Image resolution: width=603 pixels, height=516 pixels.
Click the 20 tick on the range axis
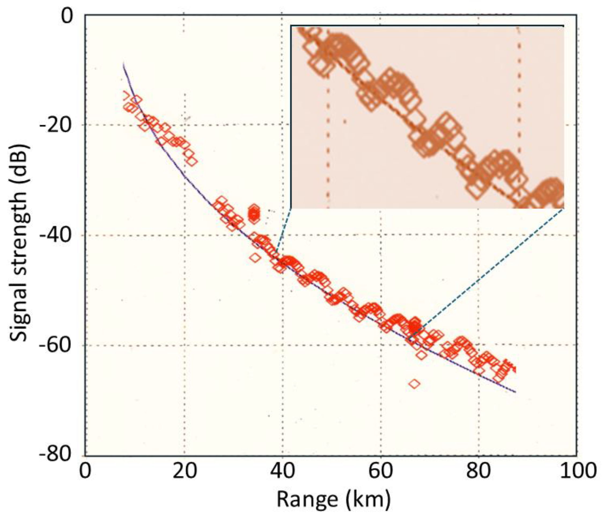click(x=184, y=471)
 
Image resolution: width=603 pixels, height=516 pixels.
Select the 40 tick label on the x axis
click(x=282, y=471)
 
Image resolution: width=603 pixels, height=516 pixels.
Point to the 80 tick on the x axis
click(x=479, y=471)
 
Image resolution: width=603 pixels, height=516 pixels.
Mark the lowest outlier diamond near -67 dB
click(x=414, y=384)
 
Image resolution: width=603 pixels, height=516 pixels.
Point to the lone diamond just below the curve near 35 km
click(x=255, y=257)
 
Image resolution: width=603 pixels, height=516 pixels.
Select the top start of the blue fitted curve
click(x=123, y=64)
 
